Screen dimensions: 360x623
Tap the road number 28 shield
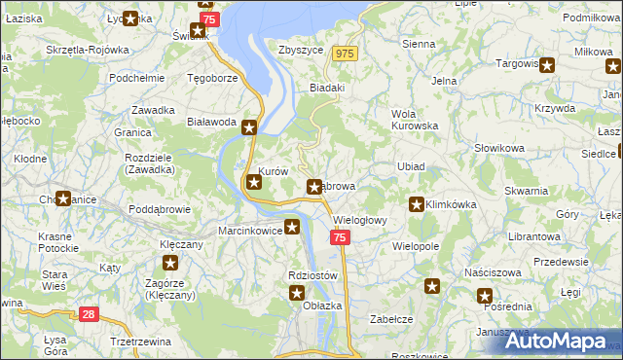click(89, 314)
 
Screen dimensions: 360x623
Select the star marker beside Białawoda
click(249, 126)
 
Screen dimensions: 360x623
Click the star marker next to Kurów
click(253, 181)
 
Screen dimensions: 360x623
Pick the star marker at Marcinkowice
click(292, 229)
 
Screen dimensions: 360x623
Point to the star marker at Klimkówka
click(417, 204)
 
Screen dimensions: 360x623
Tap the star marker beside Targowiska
click(547, 66)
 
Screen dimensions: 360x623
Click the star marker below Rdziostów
click(298, 293)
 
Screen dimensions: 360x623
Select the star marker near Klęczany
click(170, 263)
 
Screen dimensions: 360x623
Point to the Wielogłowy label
click(360, 220)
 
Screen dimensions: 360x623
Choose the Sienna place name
click(419, 44)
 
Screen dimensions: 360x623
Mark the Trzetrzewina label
click(133, 342)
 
